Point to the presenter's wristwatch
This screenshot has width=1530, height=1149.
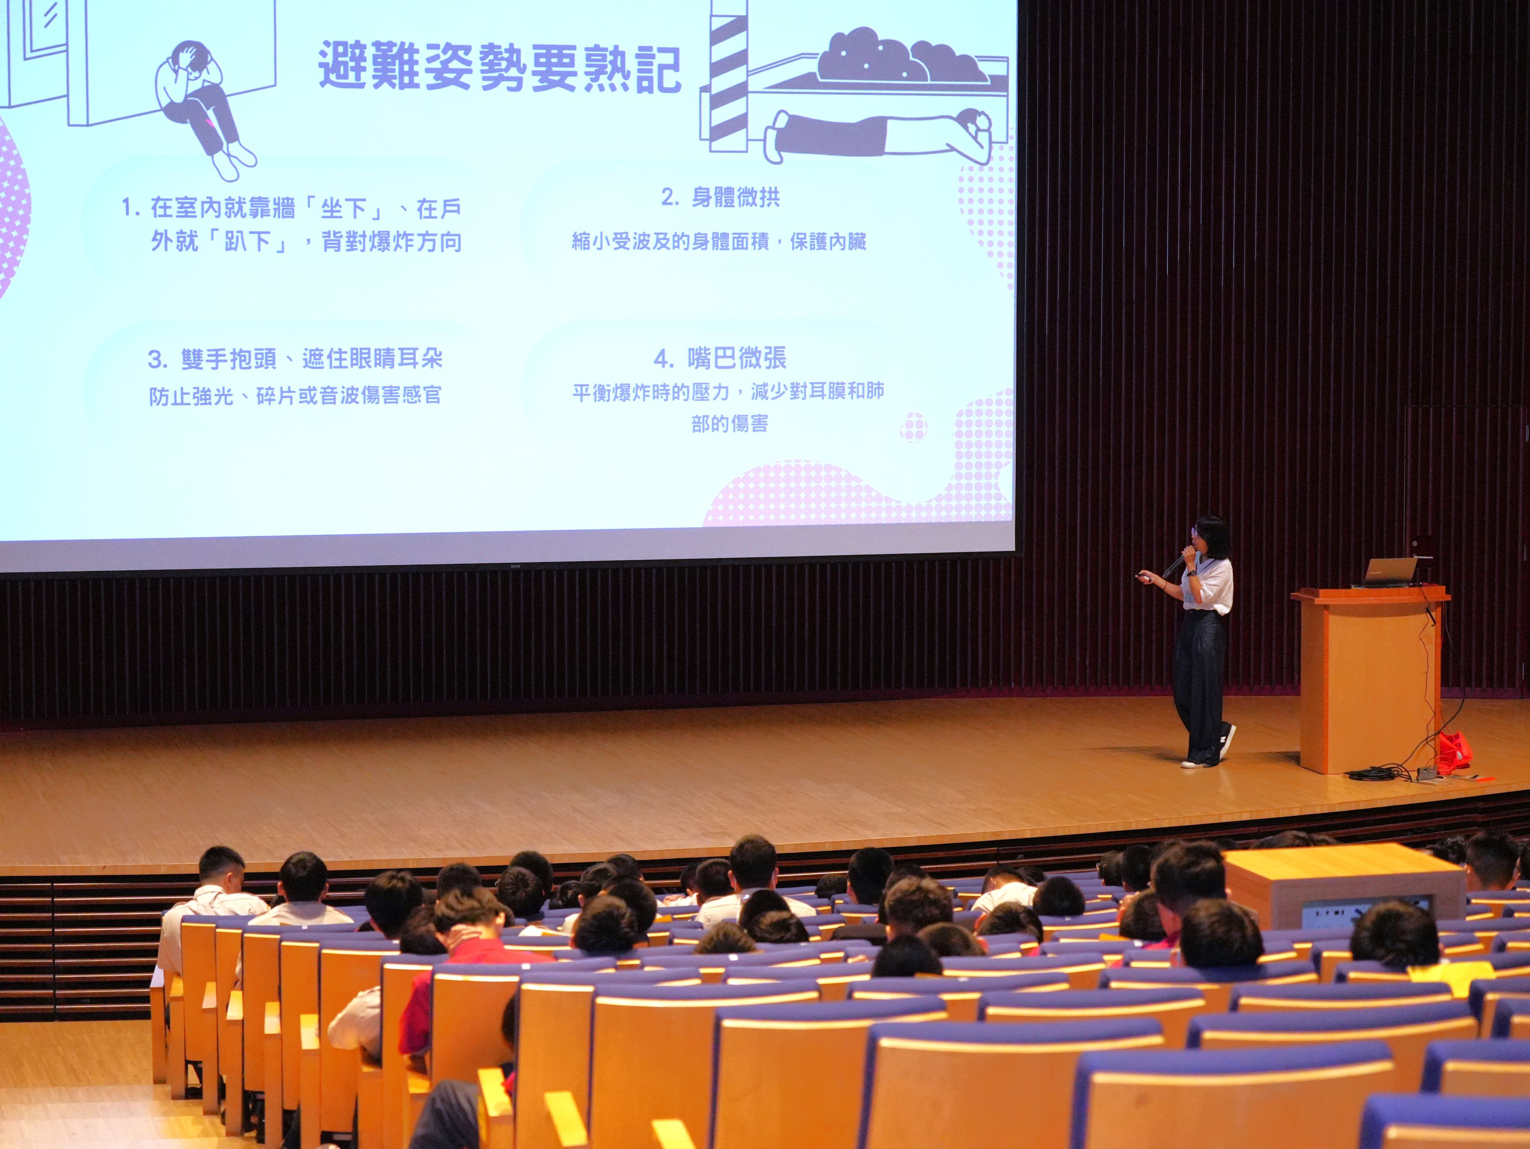pos(1192,572)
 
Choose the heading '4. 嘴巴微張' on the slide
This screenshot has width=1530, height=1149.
pos(720,358)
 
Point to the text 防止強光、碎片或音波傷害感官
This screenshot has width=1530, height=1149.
pos(295,396)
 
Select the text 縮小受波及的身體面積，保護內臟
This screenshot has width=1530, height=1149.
pos(718,242)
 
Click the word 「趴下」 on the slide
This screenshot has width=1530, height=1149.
pos(249,242)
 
